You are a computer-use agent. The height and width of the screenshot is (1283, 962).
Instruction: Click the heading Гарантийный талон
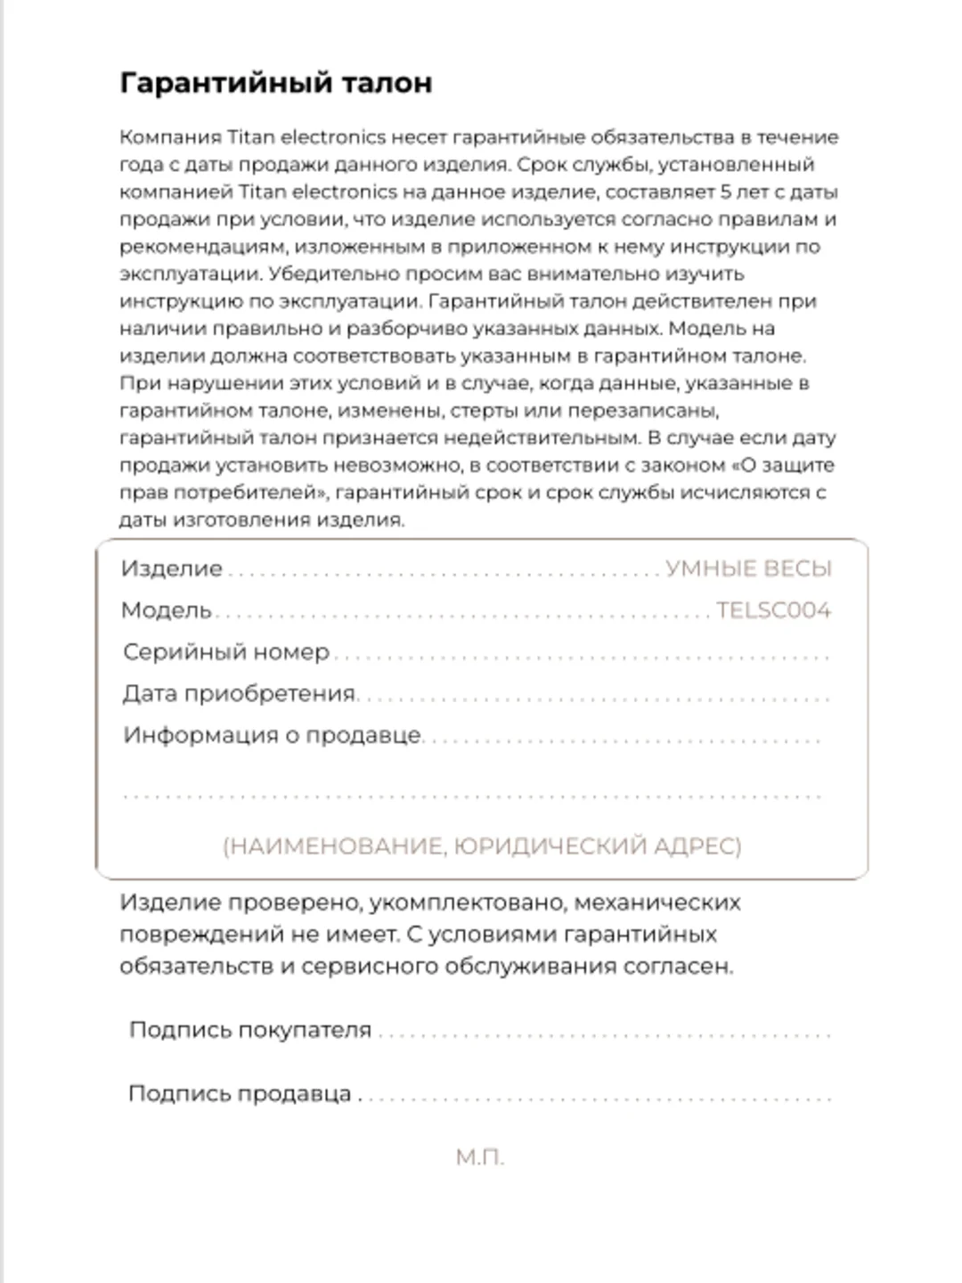tap(276, 83)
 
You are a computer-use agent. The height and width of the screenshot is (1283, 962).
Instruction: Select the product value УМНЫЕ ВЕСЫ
tap(748, 568)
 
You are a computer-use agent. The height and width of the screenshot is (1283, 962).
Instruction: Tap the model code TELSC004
tap(773, 610)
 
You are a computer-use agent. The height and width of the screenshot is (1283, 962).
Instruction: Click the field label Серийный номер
tap(226, 652)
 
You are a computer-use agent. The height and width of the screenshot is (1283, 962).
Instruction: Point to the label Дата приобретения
tap(239, 693)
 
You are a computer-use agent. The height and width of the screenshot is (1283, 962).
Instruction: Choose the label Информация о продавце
tap(272, 735)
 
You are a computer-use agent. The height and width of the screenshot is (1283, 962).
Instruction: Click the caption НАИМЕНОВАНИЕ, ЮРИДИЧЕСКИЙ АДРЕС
tap(482, 846)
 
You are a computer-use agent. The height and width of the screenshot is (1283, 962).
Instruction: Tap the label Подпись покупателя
tap(250, 1030)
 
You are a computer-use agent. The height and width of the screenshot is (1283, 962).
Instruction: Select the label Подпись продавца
tap(240, 1094)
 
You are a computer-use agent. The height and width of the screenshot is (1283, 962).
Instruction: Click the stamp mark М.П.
tap(480, 1157)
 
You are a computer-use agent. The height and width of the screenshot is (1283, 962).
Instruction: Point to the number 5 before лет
tap(726, 192)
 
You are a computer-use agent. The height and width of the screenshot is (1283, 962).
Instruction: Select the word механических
tap(657, 903)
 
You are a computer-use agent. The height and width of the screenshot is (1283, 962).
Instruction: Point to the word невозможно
tap(404, 465)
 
